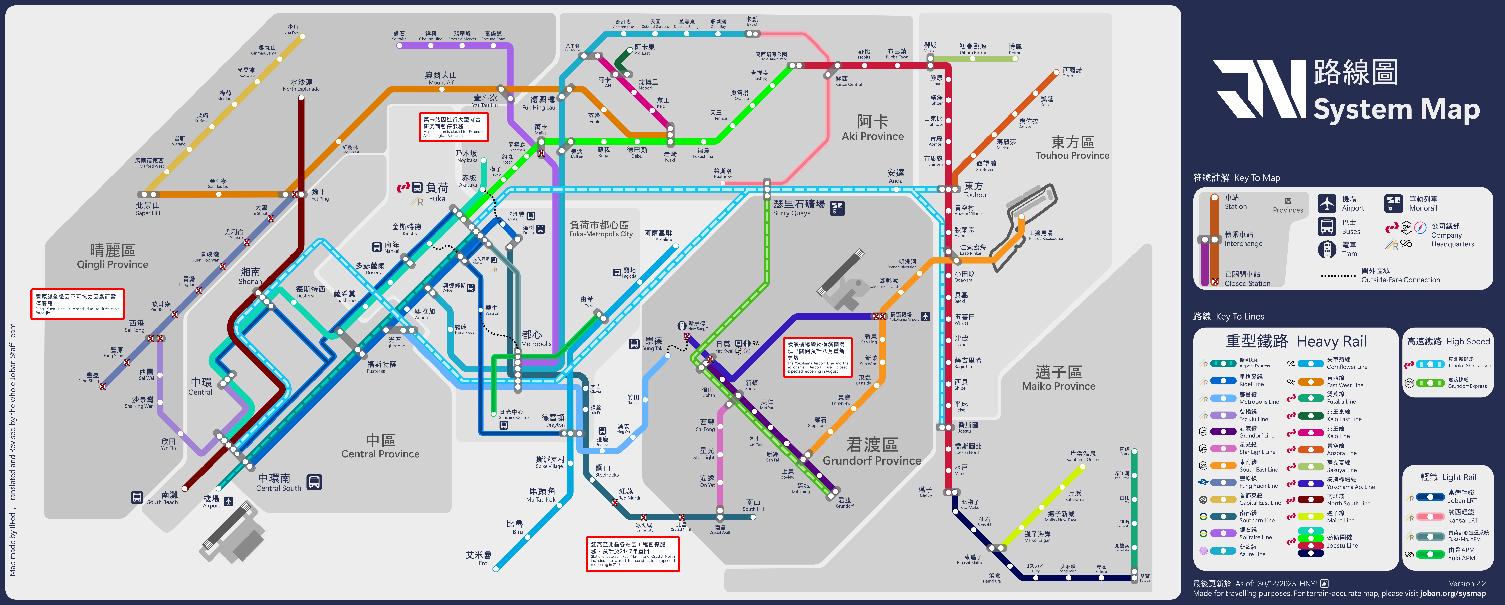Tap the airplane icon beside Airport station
(228, 501)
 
